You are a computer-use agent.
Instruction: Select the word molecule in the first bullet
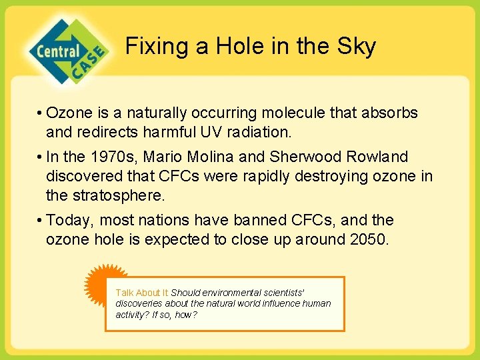click(270, 113)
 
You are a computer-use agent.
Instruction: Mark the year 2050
click(367, 239)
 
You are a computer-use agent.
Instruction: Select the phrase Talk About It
click(143, 293)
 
